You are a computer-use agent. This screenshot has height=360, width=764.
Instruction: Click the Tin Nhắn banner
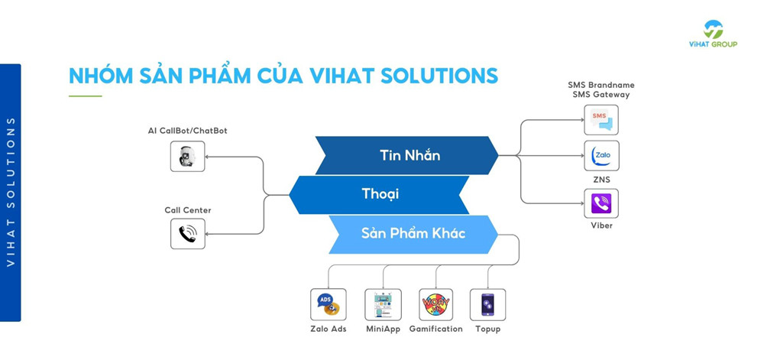(410, 155)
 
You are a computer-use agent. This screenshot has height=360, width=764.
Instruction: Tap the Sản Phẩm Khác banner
(413, 233)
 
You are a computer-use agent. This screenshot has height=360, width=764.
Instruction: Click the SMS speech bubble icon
(601, 119)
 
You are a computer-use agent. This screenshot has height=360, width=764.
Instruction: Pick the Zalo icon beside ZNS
(601, 156)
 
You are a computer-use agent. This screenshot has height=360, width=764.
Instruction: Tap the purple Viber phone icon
(601, 203)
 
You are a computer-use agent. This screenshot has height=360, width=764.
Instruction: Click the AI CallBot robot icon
(187, 157)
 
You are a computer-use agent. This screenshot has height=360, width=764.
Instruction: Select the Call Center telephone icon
(187, 233)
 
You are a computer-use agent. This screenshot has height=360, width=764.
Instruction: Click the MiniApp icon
(383, 305)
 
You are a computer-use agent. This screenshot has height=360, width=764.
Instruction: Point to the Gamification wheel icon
(435, 305)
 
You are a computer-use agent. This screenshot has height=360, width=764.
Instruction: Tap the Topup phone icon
(487, 305)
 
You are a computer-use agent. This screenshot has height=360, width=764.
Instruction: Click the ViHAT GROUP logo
(712, 34)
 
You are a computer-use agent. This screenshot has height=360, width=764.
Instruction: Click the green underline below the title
(85, 96)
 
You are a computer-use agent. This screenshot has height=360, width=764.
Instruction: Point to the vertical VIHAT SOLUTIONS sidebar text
(11, 192)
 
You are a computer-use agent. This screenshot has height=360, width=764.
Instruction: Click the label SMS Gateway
(601, 95)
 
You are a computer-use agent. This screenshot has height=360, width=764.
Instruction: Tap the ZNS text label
(601, 180)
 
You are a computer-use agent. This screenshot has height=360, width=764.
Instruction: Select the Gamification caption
(435, 329)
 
